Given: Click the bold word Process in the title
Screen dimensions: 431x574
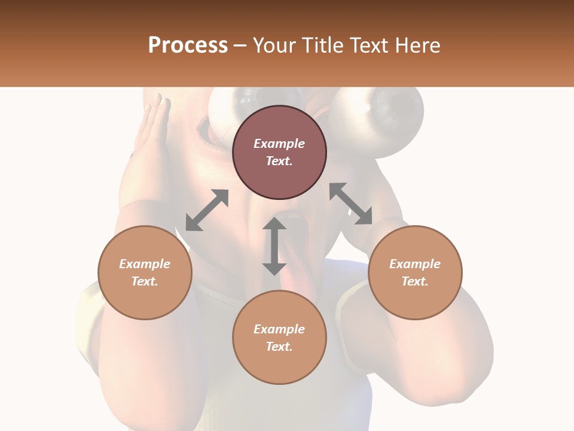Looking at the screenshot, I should [188, 45].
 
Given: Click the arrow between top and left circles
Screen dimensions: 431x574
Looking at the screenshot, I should [207, 210].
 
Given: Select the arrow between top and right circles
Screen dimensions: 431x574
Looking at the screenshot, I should [351, 204].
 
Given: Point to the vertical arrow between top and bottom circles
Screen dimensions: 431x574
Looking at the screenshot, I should [274, 246].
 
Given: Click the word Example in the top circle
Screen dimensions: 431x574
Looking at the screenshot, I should [279, 144].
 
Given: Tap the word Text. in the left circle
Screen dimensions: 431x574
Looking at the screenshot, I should [145, 281].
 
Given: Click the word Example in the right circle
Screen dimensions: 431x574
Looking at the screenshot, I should [415, 264].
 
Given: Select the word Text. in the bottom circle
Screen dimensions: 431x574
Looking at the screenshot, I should [279, 347].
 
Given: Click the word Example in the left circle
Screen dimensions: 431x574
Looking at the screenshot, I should [145, 264].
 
